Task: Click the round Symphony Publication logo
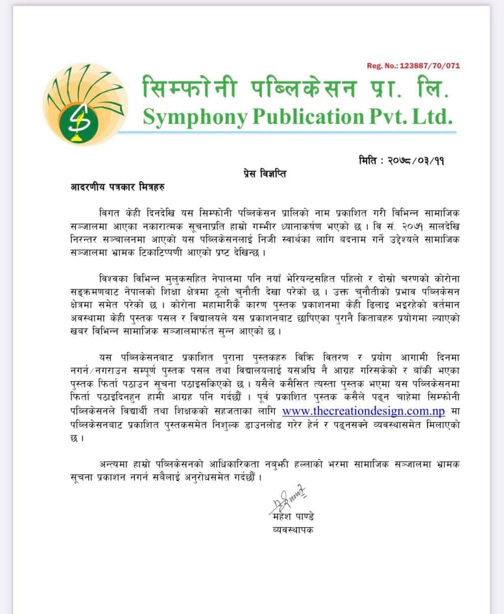[86, 104]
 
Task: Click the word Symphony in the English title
[195, 117]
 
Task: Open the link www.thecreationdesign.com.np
[363, 411]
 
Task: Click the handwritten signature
[287, 502]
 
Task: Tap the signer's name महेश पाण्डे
[293, 517]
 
